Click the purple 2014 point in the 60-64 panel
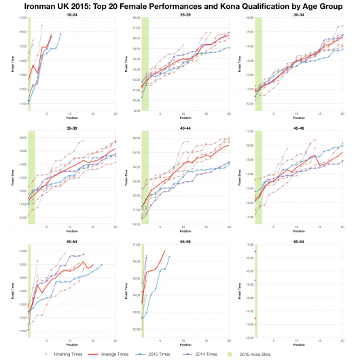255,252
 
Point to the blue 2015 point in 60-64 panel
255,281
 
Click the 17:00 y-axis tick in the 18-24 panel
22,22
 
